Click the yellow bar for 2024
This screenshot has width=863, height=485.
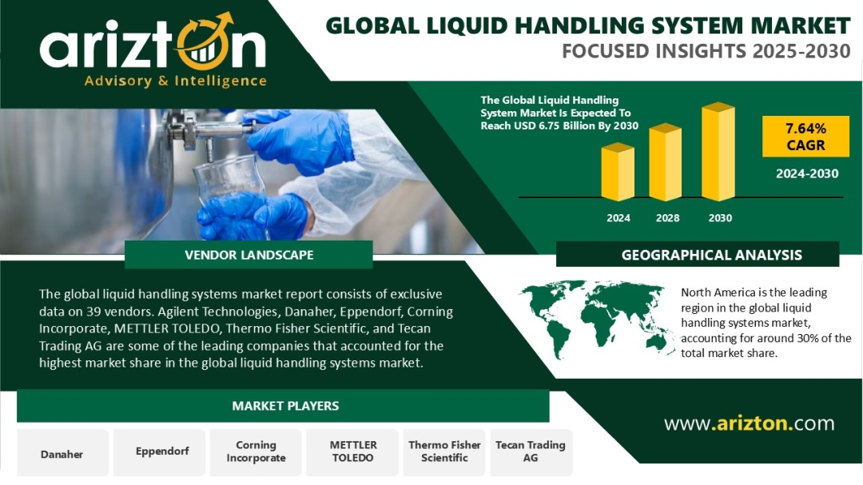coord(618,172)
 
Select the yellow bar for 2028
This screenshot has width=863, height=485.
coord(666,162)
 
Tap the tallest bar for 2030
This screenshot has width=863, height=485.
coord(718,151)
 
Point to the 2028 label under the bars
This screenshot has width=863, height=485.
coord(667,218)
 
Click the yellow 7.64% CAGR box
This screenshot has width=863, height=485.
coord(805,137)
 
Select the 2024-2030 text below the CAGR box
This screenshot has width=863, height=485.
coord(807,174)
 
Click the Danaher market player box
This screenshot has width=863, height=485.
coord(63,452)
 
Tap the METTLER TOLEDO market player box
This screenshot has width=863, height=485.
coord(352,452)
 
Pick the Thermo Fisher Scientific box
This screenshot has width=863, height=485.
coord(444,452)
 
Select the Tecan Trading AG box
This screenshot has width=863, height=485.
coord(531,452)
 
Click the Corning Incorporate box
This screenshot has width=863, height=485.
coord(256,452)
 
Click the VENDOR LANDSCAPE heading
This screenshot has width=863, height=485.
coord(249,255)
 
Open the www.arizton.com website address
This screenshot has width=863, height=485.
coord(749,423)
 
